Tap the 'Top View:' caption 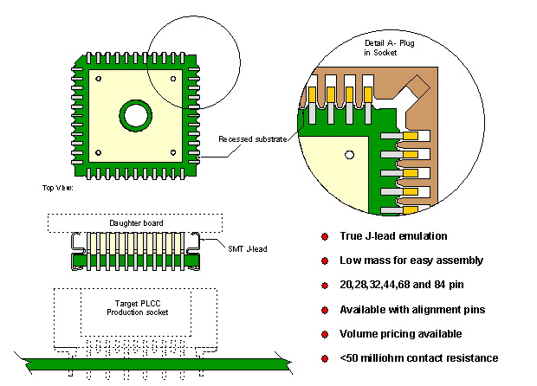point(57,187)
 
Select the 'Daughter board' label point(136,222)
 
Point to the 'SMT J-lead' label point(248,250)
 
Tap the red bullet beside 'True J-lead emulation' point(325,236)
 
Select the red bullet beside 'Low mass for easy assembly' point(325,261)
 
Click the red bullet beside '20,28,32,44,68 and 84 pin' point(325,285)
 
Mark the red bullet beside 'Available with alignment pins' point(325,309)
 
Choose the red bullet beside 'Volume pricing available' point(325,334)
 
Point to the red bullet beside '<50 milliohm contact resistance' point(325,358)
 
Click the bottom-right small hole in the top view point(174,153)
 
